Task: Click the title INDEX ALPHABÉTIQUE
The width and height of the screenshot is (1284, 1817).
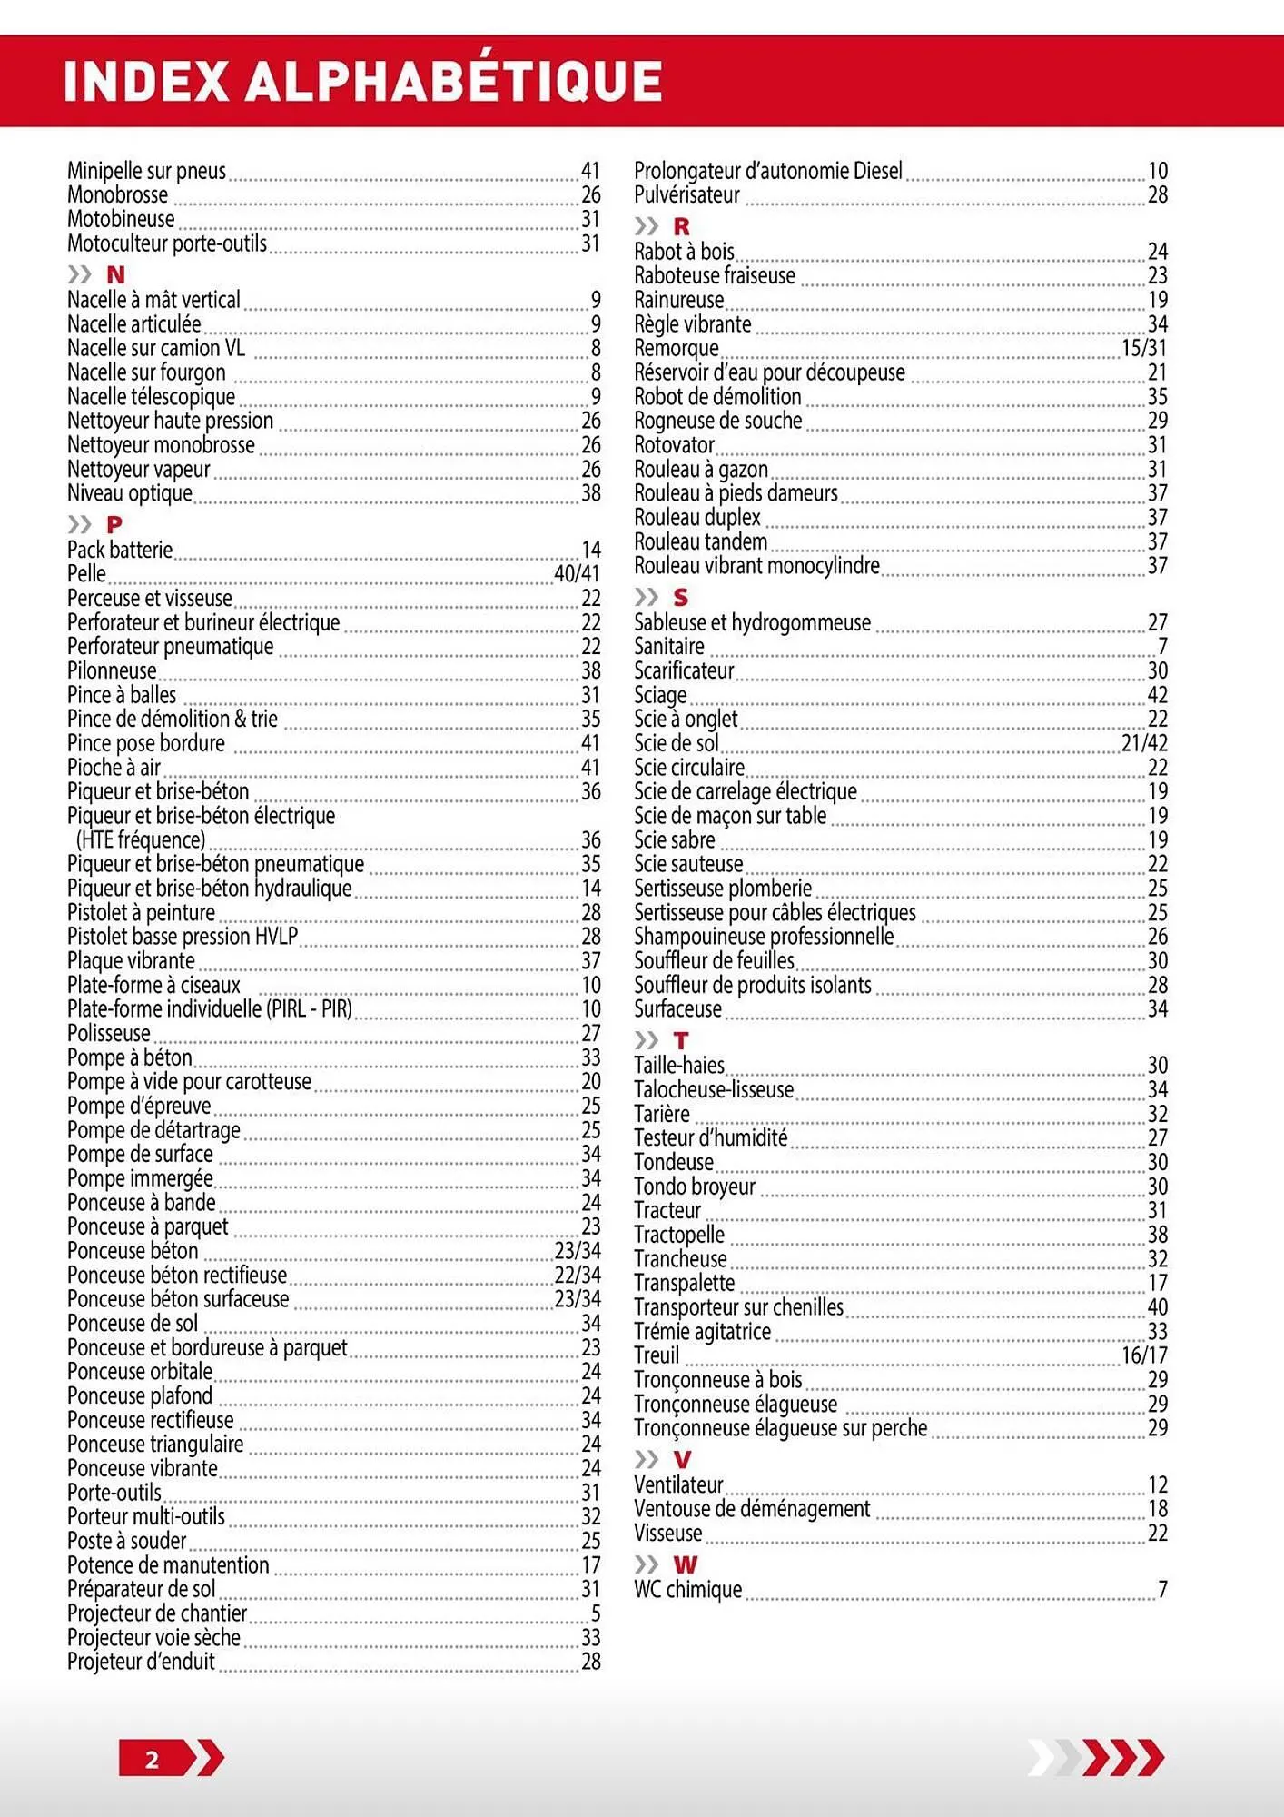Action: [x=362, y=81]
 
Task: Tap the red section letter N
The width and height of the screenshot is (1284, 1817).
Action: [x=115, y=274]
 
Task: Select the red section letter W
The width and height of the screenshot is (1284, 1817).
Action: [x=685, y=1564]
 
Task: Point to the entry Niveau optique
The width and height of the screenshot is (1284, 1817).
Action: [x=130, y=493]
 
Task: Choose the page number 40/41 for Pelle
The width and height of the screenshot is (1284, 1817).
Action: [x=577, y=574]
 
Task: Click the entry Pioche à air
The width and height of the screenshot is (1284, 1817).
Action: [x=114, y=768]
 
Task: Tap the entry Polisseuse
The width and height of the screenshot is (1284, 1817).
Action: [x=109, y=1034]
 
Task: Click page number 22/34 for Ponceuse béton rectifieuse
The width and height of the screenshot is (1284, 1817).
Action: [x=578, y=1276]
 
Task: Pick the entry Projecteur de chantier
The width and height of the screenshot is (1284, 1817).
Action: [x=157, y=1613]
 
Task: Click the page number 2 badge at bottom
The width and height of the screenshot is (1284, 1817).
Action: [x=153, y=1760]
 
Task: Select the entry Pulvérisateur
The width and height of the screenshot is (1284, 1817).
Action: [x=686, y=194]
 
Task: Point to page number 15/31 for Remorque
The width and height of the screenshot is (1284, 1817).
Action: [x=1144, y=348]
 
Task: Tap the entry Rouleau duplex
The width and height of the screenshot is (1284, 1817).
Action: [x=697, y=518]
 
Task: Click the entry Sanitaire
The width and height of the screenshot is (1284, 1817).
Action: [x=669, y=647]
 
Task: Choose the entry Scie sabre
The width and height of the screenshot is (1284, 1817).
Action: [x=675, y=840]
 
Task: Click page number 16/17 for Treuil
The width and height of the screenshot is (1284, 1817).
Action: [x=1144, y=1355]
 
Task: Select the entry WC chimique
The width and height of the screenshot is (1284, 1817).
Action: [x=687, y=1590]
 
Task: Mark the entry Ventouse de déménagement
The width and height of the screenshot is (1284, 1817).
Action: [x=752, y=1509]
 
